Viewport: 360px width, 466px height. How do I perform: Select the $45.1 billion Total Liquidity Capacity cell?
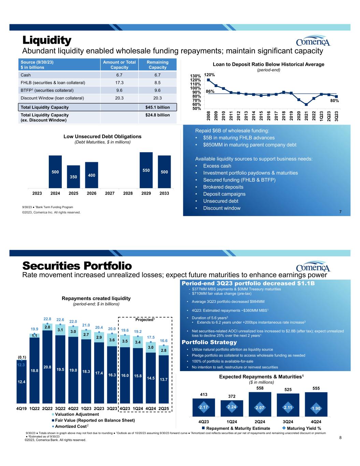(157, 107)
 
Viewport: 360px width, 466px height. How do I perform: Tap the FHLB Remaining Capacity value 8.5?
(157, 82)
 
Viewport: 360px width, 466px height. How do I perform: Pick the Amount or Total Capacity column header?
(119, 65)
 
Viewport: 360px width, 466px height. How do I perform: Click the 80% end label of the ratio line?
(334, 101)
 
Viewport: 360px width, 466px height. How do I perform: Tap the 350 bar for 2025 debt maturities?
(73, 176)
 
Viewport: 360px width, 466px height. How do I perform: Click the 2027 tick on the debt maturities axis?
(110, 193)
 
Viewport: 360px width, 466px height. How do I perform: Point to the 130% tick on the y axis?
(196, 76)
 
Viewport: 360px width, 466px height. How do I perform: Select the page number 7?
(340, 212)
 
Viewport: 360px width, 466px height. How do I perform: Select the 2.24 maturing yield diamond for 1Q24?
(232, 407)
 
